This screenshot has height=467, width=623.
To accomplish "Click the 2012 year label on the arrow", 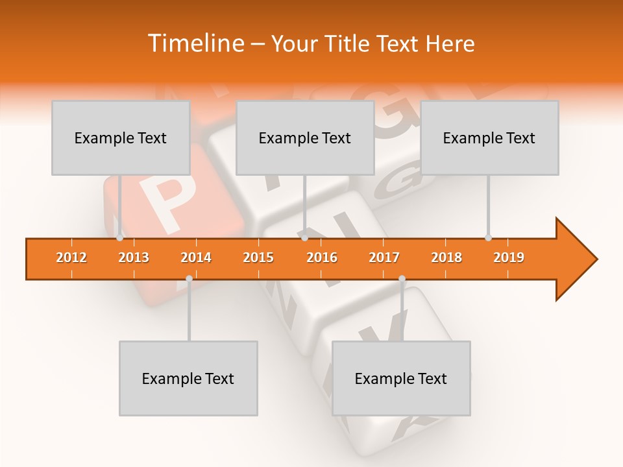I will coord(71,257).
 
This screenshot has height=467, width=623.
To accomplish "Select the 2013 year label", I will coord(134,257).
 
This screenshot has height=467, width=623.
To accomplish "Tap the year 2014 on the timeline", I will coord(196,257).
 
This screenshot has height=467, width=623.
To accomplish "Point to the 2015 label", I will coord(258,257).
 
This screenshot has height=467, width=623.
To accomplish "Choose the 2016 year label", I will coord(322,257).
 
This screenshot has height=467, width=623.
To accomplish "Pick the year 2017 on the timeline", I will coord(384,257).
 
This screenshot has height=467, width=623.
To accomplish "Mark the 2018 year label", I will coord(446,257).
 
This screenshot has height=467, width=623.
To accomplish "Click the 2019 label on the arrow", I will coord(509,257).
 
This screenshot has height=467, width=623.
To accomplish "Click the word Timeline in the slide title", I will coord(195,43).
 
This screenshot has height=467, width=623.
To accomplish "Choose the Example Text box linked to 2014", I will coord(188,378).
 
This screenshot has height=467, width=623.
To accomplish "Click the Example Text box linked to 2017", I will coord(401,378).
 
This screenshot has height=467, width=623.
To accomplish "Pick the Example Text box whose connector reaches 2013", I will coord(121,138).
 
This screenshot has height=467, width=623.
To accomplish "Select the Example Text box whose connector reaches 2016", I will coord(305,138).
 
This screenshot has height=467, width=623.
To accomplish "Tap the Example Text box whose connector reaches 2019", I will coord(489,138).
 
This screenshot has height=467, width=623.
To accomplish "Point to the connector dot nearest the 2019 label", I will coord(488,238).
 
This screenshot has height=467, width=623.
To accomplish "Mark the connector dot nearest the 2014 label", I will coord(189,279).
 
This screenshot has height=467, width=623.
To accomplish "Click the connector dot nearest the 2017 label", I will coord(402,279).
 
